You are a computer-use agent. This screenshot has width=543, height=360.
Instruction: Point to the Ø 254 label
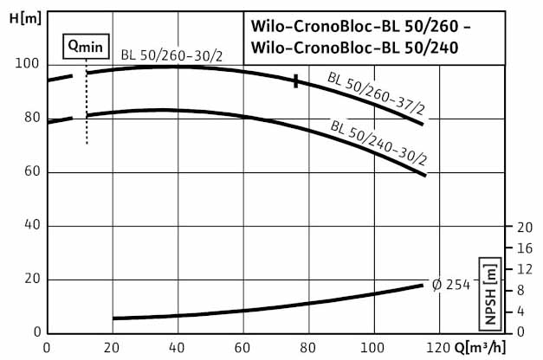tap(451, 285)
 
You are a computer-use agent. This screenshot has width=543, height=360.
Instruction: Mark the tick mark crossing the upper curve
tap(296, 81)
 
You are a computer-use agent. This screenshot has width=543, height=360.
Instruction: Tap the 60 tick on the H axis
tap(33, 172)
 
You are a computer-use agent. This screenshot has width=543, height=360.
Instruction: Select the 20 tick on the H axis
tap(33, 279)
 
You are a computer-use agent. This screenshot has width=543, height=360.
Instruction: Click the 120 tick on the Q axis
tap(438, 348)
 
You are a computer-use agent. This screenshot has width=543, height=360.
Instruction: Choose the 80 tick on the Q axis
tap(308, 348)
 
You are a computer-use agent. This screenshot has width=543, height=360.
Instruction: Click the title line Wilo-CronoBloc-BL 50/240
tap(355, 48)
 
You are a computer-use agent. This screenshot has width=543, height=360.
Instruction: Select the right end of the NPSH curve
tap(423, 285)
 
